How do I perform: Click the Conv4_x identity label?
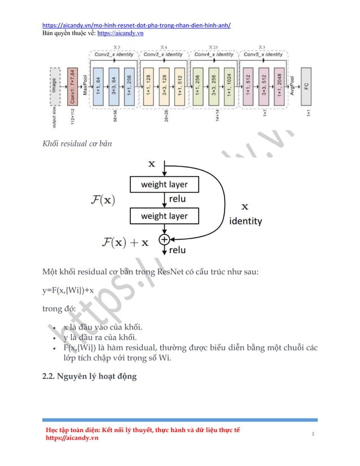[x=213, y=55]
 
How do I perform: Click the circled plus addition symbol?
[x=164, y=239]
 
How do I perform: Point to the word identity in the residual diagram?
[x=245, y=222]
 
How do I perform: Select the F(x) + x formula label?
[x=126, y=243]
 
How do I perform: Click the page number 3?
[x=311, y=433]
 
